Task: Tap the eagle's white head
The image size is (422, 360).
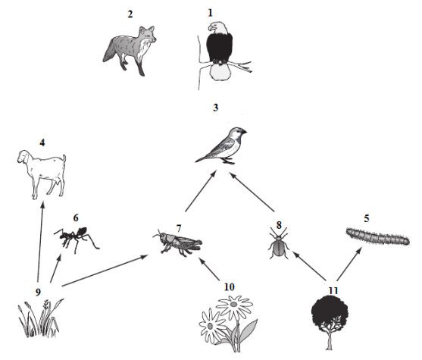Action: [217, 28]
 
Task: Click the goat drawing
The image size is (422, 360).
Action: [42, 174]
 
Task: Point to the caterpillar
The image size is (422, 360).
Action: [378, 236]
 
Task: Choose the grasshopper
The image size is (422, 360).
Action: [177, 243]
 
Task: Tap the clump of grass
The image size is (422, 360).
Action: [40, 318]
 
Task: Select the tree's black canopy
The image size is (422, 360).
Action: [330, 313]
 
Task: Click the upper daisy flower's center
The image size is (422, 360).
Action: [233, 304]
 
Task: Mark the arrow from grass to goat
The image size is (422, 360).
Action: [40, 242]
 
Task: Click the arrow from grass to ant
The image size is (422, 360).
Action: [55, 268]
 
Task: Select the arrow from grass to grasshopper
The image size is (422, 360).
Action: [105, 270]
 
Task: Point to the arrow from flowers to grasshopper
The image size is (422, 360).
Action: [208, 268]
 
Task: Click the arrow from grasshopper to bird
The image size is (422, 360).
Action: [201, 191]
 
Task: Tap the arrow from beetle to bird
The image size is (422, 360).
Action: [252, 192]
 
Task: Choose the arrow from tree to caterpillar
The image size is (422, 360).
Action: [349, 265]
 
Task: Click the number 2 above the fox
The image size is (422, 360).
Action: [130, 14]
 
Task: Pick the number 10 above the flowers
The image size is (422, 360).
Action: [229, 287]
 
